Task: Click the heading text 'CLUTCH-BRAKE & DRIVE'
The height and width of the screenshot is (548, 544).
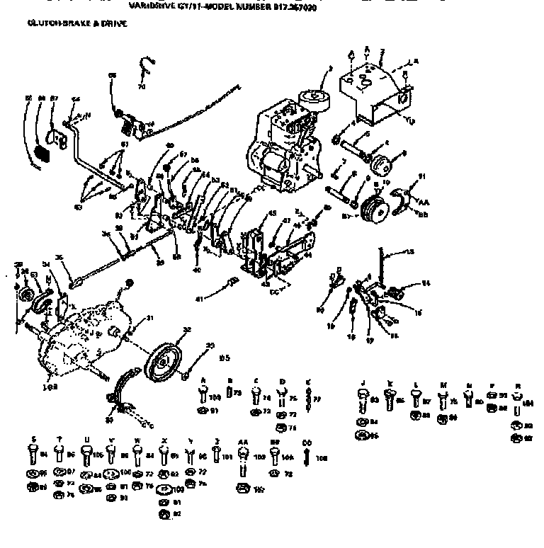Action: (x=76, y=24)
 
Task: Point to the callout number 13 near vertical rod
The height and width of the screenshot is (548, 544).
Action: (x=408, y=253)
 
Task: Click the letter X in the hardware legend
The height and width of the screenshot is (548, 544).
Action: (x=164, y=439)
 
